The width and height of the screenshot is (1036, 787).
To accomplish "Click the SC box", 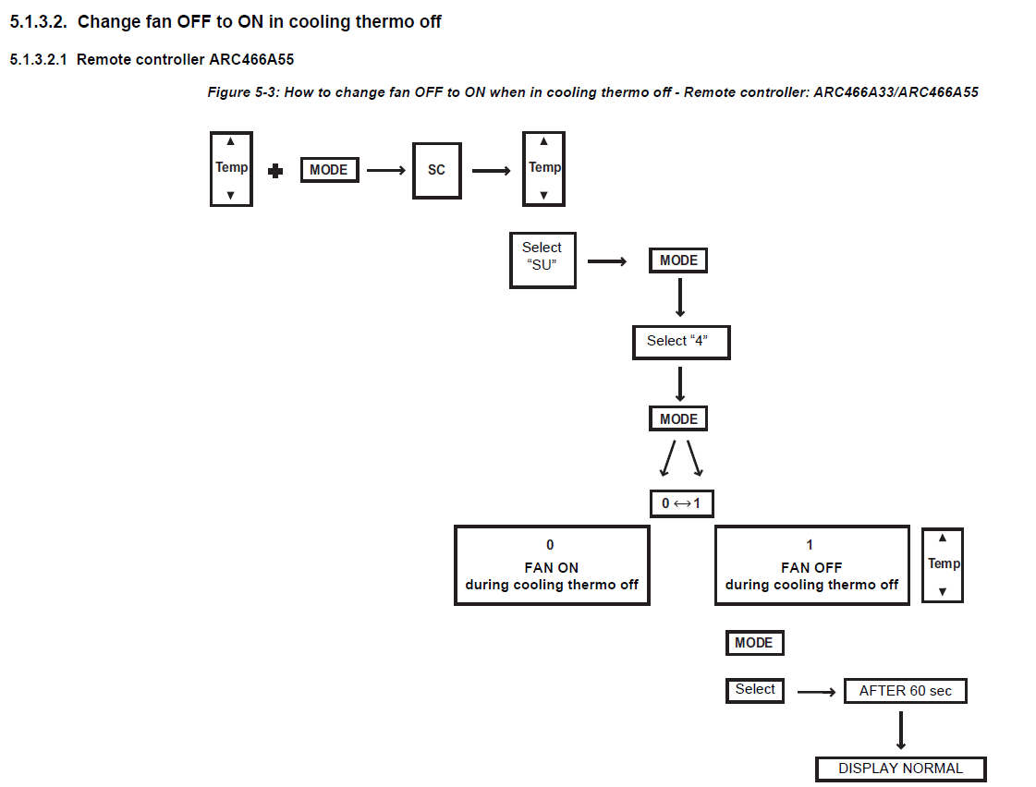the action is pyautogui.click(x=437, y=170).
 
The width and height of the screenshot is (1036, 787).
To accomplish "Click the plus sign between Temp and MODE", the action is pyautogui.click(x=275, y=171).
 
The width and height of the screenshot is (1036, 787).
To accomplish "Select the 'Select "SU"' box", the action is pyautogui.click(x=542, y=260).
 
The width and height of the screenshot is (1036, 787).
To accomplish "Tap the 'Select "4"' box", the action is pyautogui.click(x=681, y=342).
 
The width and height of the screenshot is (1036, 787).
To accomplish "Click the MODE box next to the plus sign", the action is pyautogui.click(x=329, y=170).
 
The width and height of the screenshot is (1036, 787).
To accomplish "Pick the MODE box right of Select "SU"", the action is pyautogui.click(x=678, y=260).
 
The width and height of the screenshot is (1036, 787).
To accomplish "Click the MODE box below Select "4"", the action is pyautogui.click(x=678, y=418).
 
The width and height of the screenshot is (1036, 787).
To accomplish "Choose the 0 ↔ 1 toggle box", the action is pyautogui.click(x=682, y=503).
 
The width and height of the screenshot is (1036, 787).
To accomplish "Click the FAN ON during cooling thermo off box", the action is pyautogui.click(x=552, y=565).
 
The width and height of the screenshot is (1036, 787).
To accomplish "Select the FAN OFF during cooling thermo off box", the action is pyautogui.click(x=812, y=565).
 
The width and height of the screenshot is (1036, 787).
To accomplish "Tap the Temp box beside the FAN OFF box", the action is pyautogui.click(x=943, y=565).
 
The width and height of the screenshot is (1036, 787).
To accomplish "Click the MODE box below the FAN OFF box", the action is pyautogui.click(x=754, y=642).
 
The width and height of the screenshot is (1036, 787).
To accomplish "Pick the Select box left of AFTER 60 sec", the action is pyautogui.click(x=754, y=691).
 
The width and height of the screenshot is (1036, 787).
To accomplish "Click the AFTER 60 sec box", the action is pyautogui.click(x=905, y=691).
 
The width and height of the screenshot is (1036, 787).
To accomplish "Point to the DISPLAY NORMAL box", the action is pyautogui.click(x=900, y=769).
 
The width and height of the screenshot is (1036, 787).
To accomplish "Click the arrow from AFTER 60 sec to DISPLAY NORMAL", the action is pyautogui.click(x=900, y=731).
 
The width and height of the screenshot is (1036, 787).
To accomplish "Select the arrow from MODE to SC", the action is pyautogui.click(x=386, y=170).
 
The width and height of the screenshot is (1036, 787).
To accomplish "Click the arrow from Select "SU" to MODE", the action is pyautogui.click(x=607, y=261).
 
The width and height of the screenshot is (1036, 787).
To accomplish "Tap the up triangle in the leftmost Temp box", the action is pyautogui.click(x=231, y=141).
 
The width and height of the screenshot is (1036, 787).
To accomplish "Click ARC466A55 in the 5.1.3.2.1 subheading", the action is pyautogui.click(x=251, y=59).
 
